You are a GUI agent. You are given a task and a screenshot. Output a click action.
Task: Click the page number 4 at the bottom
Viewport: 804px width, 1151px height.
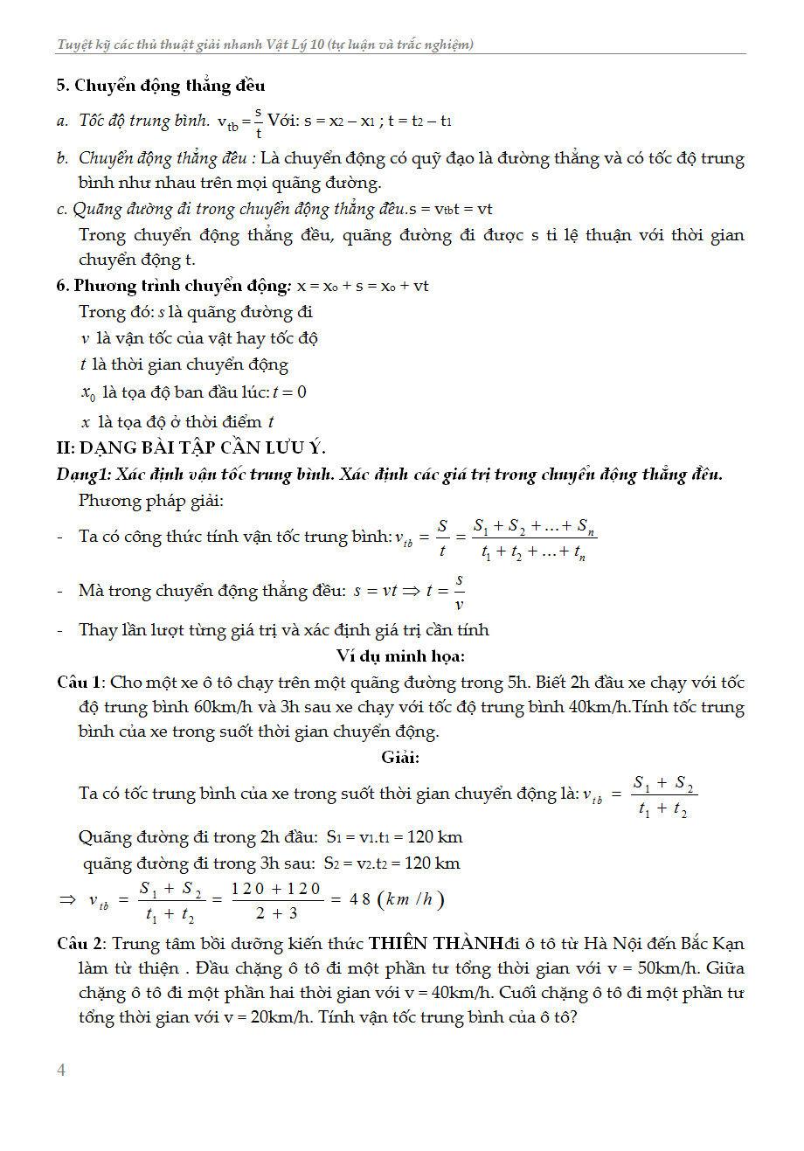61,1070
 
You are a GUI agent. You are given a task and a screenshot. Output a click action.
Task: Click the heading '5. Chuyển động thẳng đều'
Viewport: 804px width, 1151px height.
161,86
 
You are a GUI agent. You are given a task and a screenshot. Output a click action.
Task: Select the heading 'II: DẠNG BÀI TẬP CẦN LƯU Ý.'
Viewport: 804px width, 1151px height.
191,448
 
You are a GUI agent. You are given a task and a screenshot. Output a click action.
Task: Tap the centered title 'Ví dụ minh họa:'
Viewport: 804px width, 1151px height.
400,655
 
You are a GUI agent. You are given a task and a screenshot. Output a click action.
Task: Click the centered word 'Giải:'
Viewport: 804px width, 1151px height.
400,757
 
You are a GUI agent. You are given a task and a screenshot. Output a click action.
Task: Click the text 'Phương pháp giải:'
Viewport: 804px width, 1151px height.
151,501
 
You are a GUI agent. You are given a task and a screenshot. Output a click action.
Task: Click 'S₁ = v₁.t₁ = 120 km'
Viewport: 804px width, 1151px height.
394,837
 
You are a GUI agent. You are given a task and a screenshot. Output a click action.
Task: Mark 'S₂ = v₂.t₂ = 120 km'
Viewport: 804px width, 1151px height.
392,863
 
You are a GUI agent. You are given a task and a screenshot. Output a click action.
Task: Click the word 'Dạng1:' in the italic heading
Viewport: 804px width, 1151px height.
84,475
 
